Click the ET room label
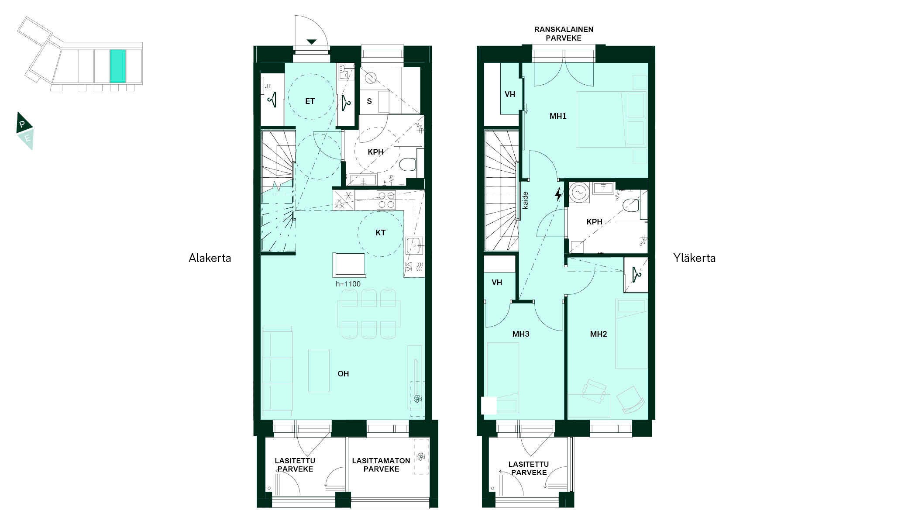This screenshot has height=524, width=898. pos(310,101)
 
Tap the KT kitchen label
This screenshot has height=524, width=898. pos(380,233)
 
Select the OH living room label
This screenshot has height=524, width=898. pos(343,374)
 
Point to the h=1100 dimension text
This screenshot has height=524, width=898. pos(348,284)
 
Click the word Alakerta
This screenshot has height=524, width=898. pos(210,258)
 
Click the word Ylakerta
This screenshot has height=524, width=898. pos(694,258)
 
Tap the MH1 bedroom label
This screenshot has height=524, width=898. pos(558,116)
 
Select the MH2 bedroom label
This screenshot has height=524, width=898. pos(599,334)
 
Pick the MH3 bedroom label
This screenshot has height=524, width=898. pos(521,334)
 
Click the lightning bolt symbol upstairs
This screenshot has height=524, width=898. pos(558,194)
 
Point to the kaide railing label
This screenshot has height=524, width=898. pos(526,200)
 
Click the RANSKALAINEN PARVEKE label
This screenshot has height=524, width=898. pos(564,34)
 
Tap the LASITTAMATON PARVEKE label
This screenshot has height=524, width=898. pos(381,465)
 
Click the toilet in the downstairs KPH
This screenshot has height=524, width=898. pos(407,165)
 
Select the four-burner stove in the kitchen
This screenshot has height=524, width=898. pos(386,200)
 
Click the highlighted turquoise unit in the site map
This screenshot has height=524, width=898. pos(118,66)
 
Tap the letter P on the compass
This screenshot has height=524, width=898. pos(22,124)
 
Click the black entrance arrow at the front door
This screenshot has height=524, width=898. pos(311,42)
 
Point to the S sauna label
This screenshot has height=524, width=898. pos(369,101)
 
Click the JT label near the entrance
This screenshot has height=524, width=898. pos(268,86)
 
